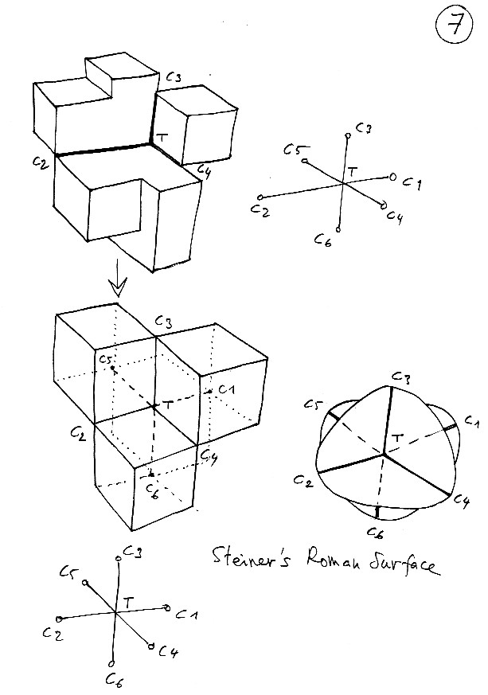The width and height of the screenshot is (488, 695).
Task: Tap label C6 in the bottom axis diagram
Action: tap(113, 678)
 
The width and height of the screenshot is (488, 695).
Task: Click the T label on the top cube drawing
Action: tap(163, 137)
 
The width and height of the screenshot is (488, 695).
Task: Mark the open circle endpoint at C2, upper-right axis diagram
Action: tap(260, 197)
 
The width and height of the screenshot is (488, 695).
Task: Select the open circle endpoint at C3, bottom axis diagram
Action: tap(119, 558)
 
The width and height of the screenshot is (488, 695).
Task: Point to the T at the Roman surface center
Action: tap(396, 439)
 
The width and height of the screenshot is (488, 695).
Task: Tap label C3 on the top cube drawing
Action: tap(174, 78)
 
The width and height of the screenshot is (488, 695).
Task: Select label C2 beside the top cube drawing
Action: tap(39, 161)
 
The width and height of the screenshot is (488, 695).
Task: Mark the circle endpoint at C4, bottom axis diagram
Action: tap(150, 646)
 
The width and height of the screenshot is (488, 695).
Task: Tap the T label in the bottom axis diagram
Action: tap(130, 603)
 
